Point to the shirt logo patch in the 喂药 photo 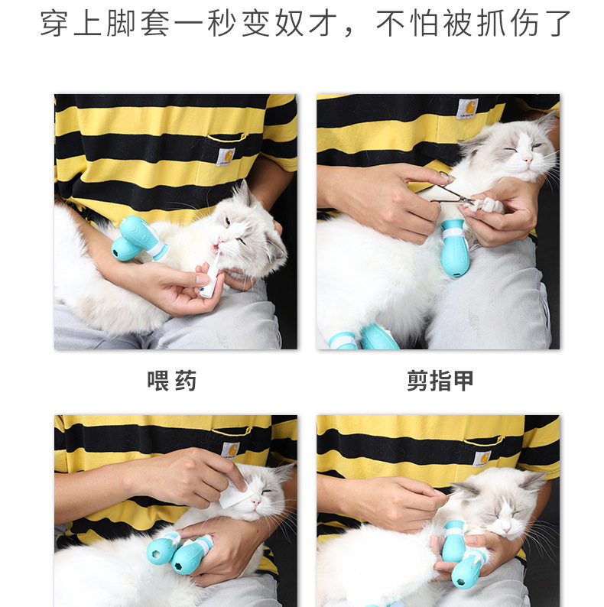[x=225, y=157]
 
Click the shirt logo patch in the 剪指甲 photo [x=467, y=109]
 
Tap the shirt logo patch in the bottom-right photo [x=482, y=458]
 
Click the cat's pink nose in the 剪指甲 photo [x=527, y=161]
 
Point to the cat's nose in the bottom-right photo [x=508, y=527]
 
